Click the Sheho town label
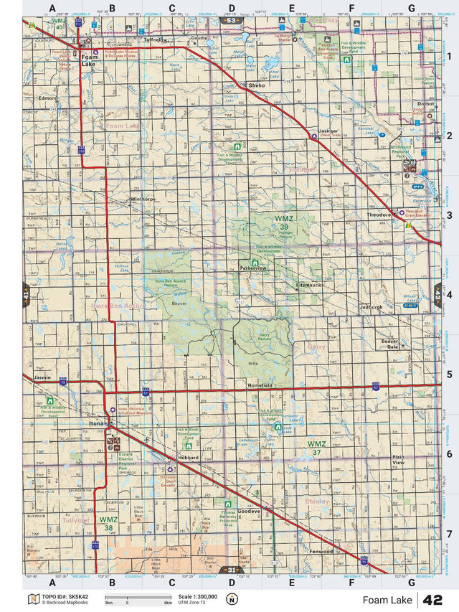tap(256, 85)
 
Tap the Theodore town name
tap(378, 215)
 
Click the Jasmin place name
tap(42, 377)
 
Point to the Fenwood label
tap(321, 552)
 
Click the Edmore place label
tap(48, 97)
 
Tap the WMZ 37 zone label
tap(316, 448)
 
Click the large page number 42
tap(432, 600)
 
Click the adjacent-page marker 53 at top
tap(229, 21)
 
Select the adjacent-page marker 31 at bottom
tap(229, 570)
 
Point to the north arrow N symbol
tap(231, 600)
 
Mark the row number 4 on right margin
tap(448, 294)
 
